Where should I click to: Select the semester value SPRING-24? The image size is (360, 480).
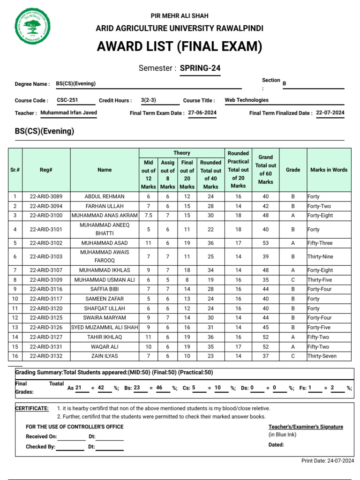[x=200, y=68]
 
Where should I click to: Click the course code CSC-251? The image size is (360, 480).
[x=67, y=100]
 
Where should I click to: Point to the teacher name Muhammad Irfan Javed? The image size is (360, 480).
[x=69, y=113]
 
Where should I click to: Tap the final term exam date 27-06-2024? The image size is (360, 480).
[x=202, y=113]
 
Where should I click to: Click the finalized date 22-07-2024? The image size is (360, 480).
[x=330, y=113]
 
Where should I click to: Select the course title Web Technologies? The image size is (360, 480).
[x=247, y=100]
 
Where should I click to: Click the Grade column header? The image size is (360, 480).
[x=293, y=170]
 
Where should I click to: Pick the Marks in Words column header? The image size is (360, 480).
[x=329, y=170]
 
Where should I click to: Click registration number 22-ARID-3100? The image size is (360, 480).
[x=46, y=216]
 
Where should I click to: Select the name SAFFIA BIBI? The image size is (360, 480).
[x=105, y=289]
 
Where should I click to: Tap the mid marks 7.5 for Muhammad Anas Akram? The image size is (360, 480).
[x=148, y=216]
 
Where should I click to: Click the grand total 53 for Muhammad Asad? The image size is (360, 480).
[x=265, y=243]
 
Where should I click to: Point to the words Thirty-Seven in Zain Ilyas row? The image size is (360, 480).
[x=322, y=356]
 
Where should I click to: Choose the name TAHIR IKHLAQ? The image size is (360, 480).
[x=105, y=337]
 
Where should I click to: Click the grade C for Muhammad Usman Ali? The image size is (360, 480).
[x=293, y=280]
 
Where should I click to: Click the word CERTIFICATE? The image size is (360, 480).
[x=32, y=408]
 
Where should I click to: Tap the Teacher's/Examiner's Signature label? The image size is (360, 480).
[x=306, y=427]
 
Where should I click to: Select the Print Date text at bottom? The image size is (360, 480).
[x=328, y=461]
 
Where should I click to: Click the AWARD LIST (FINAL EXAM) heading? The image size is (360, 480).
[x=180, y=47]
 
